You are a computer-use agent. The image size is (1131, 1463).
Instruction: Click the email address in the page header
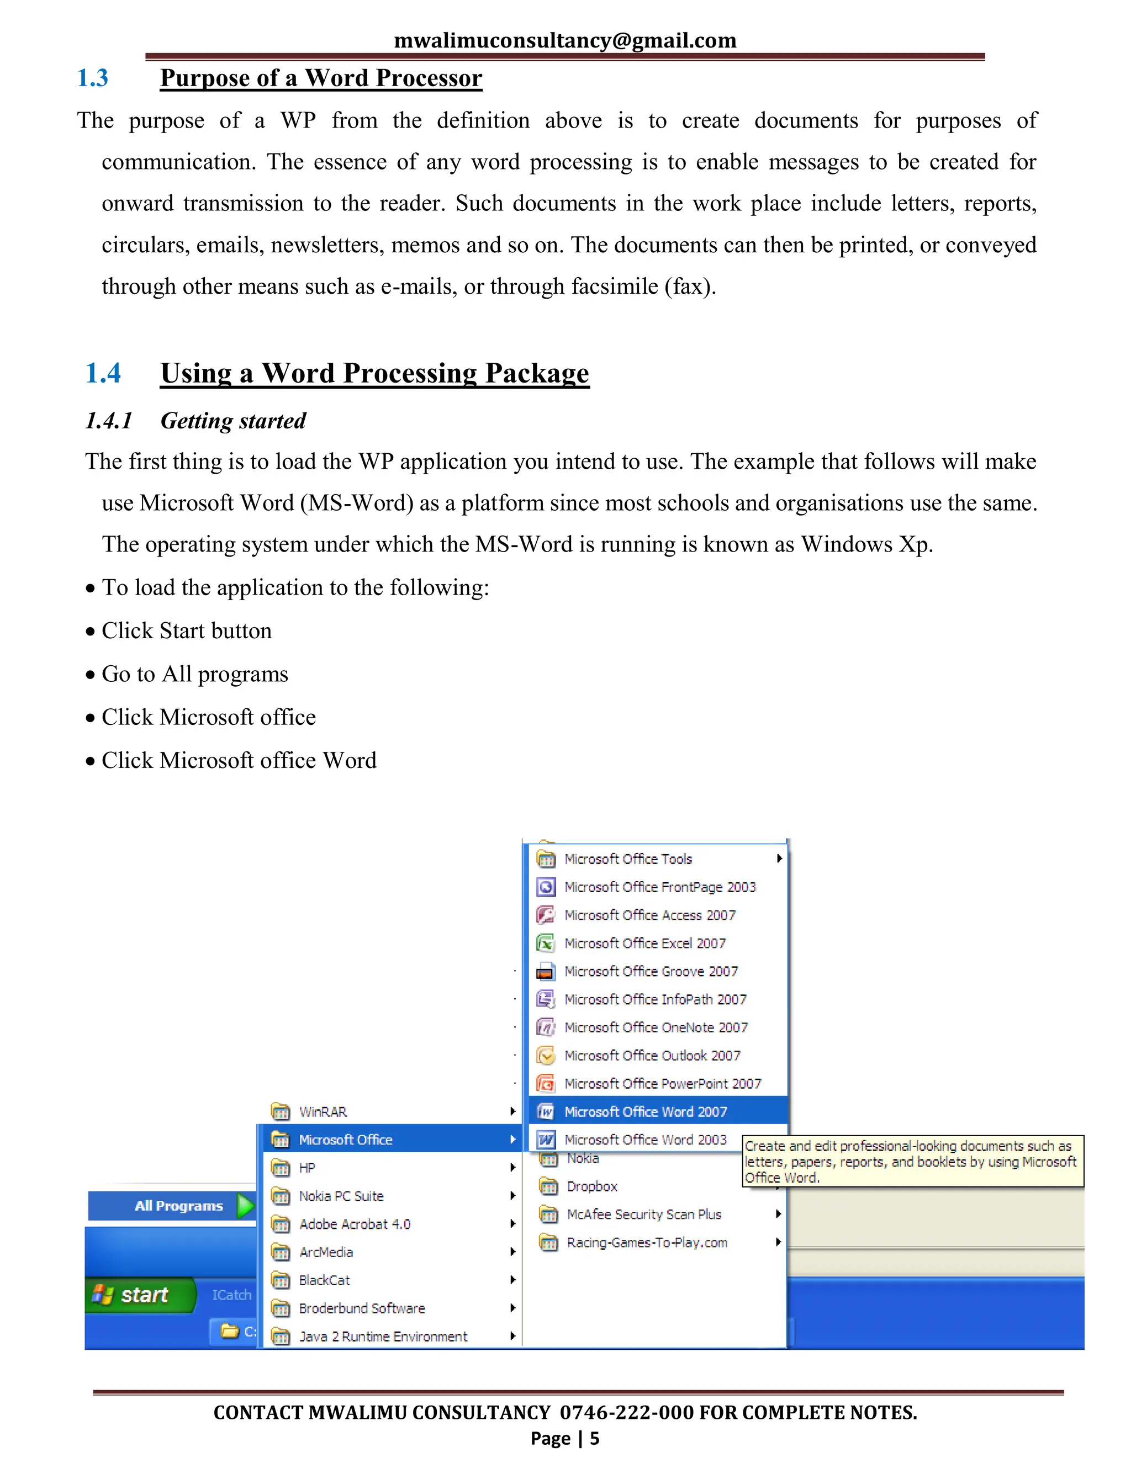565,40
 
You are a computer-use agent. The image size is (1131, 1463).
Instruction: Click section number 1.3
92,78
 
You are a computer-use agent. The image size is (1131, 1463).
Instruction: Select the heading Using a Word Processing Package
374,373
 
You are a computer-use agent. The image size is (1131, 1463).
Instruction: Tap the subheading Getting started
232,421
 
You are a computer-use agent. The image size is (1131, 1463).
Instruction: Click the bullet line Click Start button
186,631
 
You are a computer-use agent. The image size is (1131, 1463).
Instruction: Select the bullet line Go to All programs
194,674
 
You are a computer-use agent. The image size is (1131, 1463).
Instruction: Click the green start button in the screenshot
139,1294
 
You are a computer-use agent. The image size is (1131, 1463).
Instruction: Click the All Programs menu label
178,1205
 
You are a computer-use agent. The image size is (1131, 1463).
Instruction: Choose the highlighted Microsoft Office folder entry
346,1139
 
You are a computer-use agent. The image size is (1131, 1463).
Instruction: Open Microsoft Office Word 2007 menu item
645,1111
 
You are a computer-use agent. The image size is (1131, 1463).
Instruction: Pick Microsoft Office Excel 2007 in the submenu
644,943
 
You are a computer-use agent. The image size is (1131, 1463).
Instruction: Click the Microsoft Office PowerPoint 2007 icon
546,1083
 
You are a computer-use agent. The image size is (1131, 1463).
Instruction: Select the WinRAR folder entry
323,1112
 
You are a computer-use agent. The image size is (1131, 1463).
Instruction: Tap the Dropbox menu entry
591,1186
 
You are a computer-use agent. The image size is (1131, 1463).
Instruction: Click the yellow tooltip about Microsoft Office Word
911,1162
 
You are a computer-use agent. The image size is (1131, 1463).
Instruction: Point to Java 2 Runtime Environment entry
383,1337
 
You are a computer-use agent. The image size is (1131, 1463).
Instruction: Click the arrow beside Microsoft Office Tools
779,858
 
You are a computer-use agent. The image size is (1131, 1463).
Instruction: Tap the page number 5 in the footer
594,1438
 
